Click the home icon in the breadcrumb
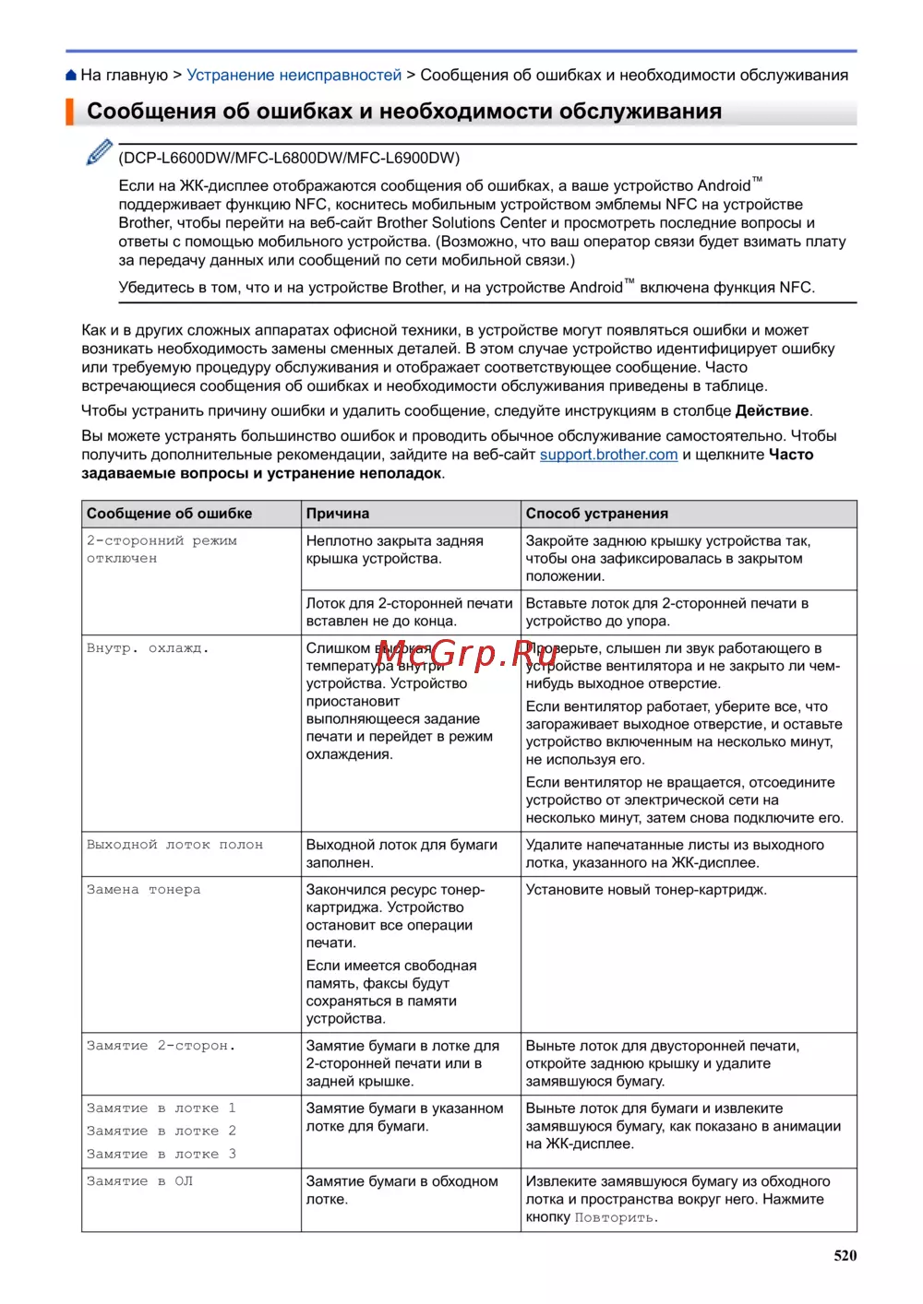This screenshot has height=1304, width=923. click(x=71, y=76)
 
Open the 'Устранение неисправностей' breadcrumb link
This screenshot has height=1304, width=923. click(x=294, y=76)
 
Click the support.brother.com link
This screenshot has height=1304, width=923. click(x=608, y=455)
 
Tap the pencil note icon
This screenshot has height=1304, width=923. click(x=99, y=152)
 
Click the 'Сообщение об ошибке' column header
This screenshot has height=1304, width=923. click(x=169, y=514)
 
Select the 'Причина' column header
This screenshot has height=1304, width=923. click(x=338, y=514)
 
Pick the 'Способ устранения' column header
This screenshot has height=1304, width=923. click(x=596, y=514)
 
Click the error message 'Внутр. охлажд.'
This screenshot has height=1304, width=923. click(x=148, y=648)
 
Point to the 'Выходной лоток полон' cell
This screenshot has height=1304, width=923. click(x=174, y=845)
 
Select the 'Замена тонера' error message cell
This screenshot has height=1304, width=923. click(x=143, y=890)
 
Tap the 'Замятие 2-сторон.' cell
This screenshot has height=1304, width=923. click(x=161, y=1046)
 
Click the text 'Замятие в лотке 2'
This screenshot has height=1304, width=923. click(x=161, y=1131)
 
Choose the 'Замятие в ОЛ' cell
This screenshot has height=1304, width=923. click(x=139, y=1181)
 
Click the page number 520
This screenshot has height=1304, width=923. click(x=845, y=1255)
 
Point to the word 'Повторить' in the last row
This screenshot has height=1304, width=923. click(x=615, y=1217)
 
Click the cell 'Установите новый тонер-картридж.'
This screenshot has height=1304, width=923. click(x=646, y=890)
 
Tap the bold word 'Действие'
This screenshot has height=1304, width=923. click(x=772, y=411)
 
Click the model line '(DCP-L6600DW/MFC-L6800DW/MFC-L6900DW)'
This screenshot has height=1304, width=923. click(x=289, y=158)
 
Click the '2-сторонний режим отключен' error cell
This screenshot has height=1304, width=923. click(x=162, y=550)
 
